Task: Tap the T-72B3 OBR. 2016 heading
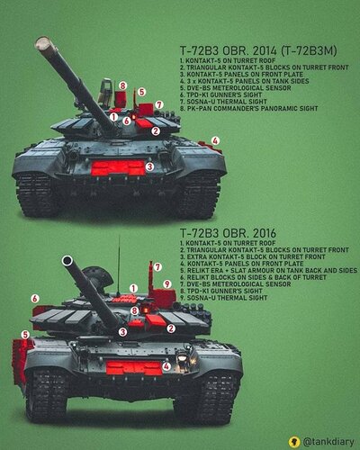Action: [x=228, y=233]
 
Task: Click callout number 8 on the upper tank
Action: [x=122, y=85]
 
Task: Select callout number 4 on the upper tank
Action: [x=215, y=140]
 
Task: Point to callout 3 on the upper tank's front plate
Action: [x=150, y=166]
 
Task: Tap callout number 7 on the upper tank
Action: [x=159, y=105]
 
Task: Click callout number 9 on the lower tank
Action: [x=166, y=283]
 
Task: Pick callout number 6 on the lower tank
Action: [x=35, y=299]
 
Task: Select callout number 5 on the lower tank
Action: [x=25, y=335]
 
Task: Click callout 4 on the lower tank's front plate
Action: [x=166, y=366]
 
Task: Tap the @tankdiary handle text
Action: [x=328, y=442]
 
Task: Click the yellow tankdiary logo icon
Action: [x=294, y=442]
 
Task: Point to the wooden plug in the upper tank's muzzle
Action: [x=43, y=44]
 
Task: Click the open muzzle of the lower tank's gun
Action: [x=67, y=260]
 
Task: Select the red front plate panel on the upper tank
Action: [x=118, y=167]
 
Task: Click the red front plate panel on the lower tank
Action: [x=134, y=368]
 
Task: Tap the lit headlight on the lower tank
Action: [x=182, y=357]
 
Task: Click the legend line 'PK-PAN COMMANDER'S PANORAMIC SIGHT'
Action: [x=249, y=108]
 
